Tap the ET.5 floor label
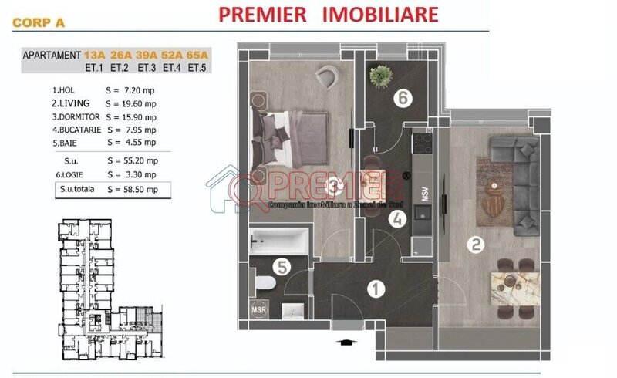[x=198, y=67]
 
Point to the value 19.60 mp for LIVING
[x=140, y=103]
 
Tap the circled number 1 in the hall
[x=376, y=290]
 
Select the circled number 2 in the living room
[x=477, y=245]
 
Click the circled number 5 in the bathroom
[x=282, y=268]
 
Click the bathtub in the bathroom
[x=278, y=241]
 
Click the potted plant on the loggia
[x=380, y=76]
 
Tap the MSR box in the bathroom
[x=260, y=311]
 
